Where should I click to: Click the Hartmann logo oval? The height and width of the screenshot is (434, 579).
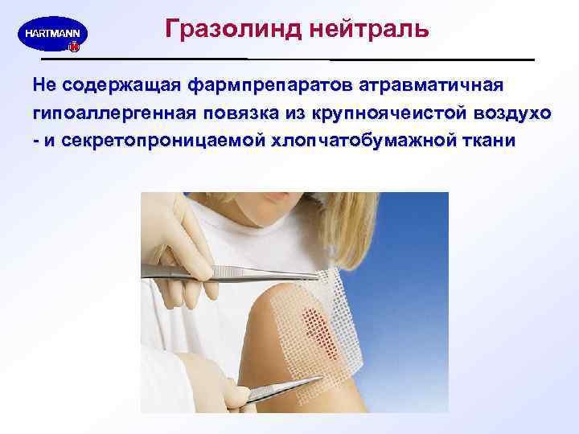52,35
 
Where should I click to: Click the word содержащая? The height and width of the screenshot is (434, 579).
120,84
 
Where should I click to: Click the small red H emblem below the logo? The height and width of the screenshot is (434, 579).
74,48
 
